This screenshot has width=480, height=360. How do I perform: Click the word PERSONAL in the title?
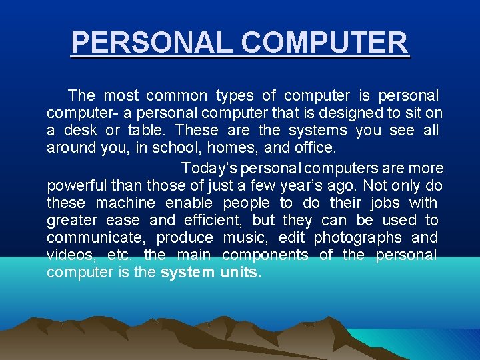[x=153, y=43]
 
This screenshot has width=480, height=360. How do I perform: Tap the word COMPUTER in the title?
[x=325, y=43]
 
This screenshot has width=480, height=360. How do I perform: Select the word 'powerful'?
[x=77, y=185]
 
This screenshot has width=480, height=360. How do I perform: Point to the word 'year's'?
[x=302, y=185]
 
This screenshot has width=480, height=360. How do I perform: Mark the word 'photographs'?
[x=357, y=237]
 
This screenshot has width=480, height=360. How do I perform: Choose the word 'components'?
[x=265, y=255]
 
